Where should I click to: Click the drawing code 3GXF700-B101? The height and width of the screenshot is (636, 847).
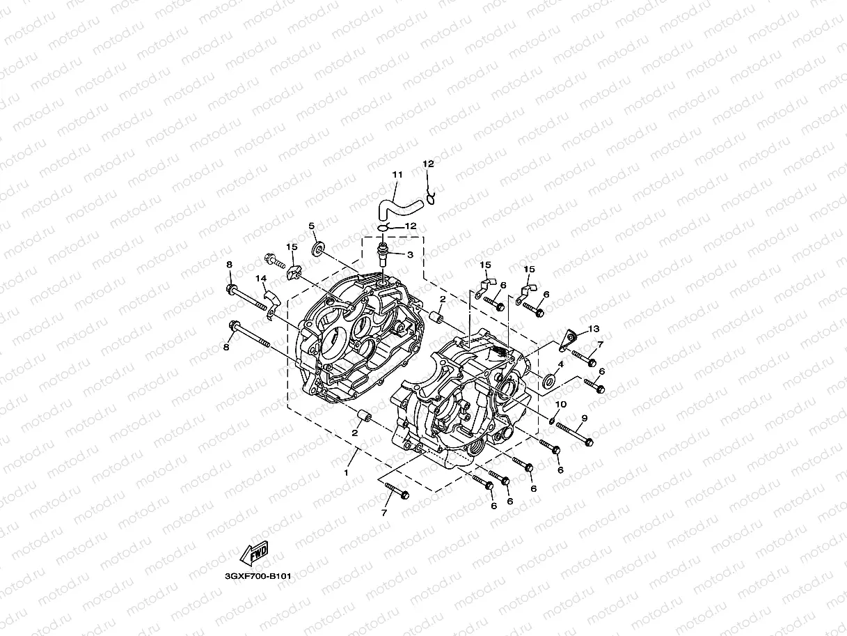point(258,576)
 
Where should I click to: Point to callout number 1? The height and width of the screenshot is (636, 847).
point(346,472)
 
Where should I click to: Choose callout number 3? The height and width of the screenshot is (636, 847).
point(410,255)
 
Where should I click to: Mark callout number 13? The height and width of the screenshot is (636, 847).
point(594,328)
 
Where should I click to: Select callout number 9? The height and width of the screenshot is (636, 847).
point(585,418)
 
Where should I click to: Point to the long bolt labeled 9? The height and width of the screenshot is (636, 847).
point(573,434)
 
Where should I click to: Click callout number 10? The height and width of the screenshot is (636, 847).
point(560,405)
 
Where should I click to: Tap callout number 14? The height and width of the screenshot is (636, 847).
point(261,279)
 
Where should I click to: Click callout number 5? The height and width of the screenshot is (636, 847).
point(311,226)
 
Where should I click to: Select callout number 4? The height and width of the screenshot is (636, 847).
point(560,364)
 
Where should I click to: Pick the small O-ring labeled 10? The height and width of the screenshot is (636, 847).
point(551,419)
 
